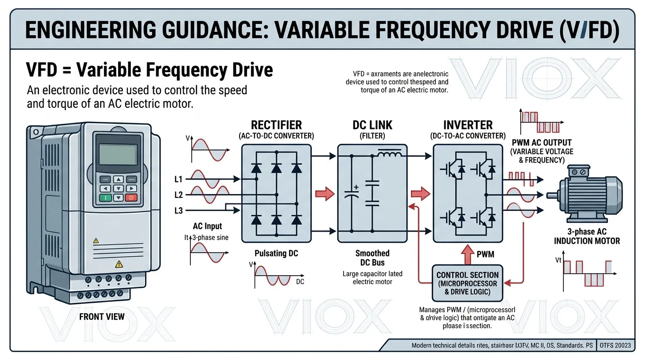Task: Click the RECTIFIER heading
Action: point(276,125)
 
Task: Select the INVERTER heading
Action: point(468,125)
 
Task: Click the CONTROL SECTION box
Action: point(467,283)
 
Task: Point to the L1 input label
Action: point(178,179)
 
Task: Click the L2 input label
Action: point(178,195)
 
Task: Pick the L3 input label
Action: point(178,211)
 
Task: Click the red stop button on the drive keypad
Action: point(131,198)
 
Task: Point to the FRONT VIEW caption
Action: point(102,317)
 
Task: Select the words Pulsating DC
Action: point(276,253)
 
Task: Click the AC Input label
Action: point(207,226)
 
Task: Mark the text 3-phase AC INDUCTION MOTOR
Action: point(587,236)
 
